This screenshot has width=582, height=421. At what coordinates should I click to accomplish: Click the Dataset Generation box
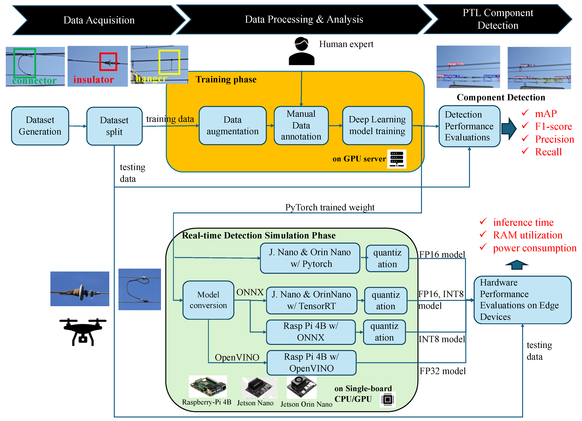(x=40, y=126)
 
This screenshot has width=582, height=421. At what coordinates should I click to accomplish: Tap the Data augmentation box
(x=232, y=126)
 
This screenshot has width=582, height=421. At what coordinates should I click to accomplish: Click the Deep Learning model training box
(x=377, y=126)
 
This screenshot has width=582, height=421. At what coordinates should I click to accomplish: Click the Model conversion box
(x=208, y=300)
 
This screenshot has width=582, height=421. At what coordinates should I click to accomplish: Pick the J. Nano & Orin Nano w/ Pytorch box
(x=310, y=258)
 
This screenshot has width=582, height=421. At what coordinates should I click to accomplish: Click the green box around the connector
(x=25, y=63)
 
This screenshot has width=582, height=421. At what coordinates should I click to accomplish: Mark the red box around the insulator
(x=108, y=62)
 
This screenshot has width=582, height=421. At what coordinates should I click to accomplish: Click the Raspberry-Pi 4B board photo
(x=208, y=386)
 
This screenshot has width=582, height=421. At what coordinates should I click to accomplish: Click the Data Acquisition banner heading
(x=99, y=20)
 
